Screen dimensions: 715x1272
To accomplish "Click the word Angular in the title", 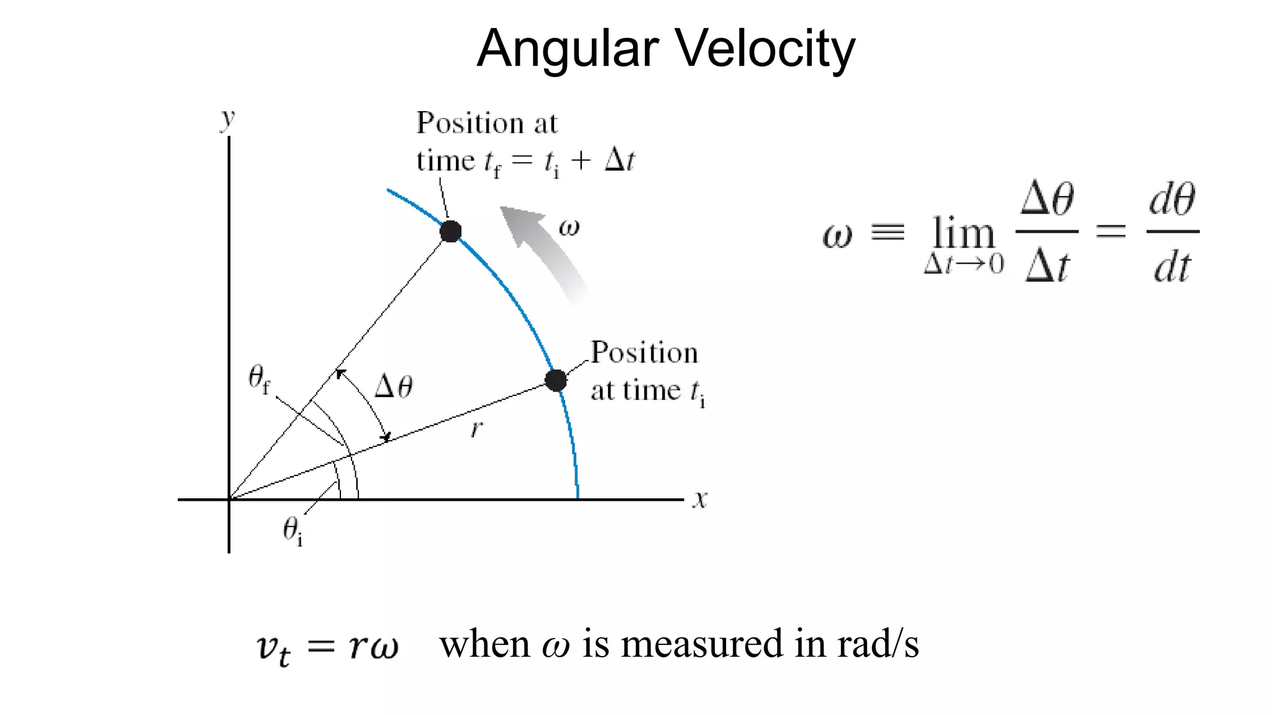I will tap(567, 50).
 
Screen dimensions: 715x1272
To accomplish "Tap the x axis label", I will tap(700, 499).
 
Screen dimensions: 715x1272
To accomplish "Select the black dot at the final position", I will tap(450, 232).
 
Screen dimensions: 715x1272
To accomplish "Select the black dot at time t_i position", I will tap(555, 380).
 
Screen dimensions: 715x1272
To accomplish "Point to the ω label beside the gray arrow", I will tap(569, 227).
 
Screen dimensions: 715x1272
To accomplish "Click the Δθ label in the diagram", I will tap(394, 387).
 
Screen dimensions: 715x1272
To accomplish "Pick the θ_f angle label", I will tap(259, 378).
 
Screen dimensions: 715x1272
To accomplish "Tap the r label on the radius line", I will tap(476, 428).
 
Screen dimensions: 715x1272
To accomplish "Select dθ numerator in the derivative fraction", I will tap(1172, 200).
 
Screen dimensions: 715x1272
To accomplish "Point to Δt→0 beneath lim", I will tap(963, 264).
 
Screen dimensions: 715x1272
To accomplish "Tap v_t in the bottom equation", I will tap(273, 648).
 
